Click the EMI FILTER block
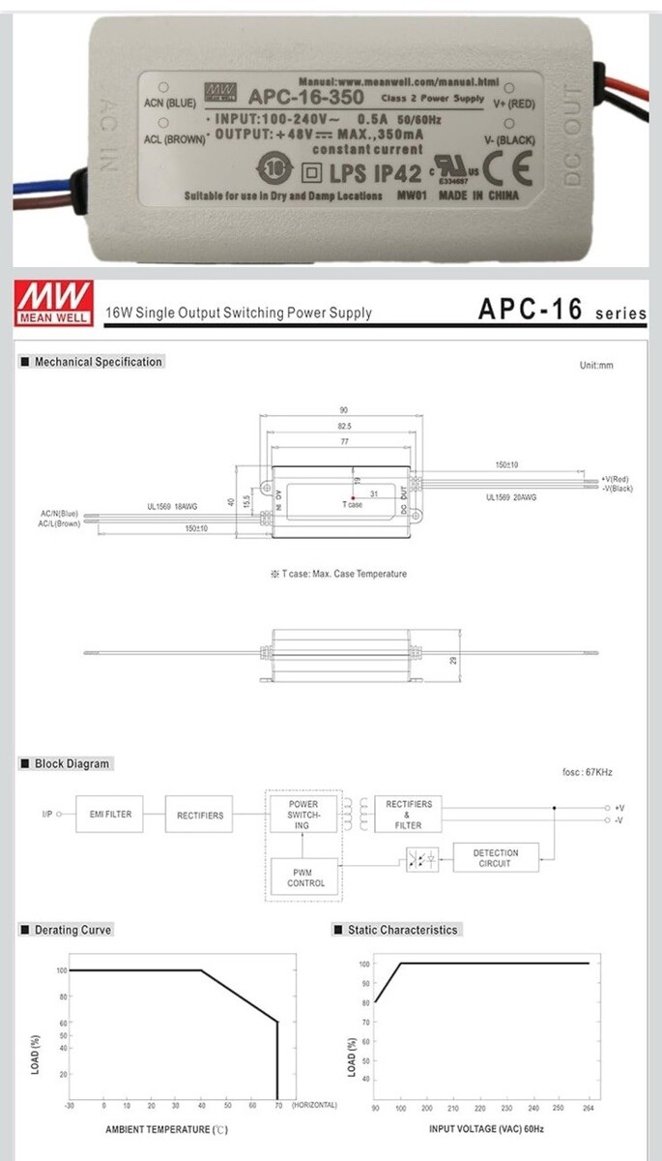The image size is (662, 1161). coord(110,815)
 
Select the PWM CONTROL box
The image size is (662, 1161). coord(306,878)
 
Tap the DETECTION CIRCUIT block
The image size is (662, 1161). coord(496,858)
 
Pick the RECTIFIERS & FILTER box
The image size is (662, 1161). coord(409,815)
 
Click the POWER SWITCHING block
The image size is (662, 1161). coord(302,815)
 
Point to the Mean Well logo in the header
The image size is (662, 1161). coord(54,303)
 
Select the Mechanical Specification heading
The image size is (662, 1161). coord(98,362)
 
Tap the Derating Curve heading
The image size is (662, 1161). coord(72,930)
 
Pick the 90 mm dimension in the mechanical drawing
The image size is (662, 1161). coord(343,410)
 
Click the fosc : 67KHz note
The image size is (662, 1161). coord(587,772)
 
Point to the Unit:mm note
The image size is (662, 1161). coord(596,366)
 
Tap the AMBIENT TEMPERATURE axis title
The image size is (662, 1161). coord(166,1130)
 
